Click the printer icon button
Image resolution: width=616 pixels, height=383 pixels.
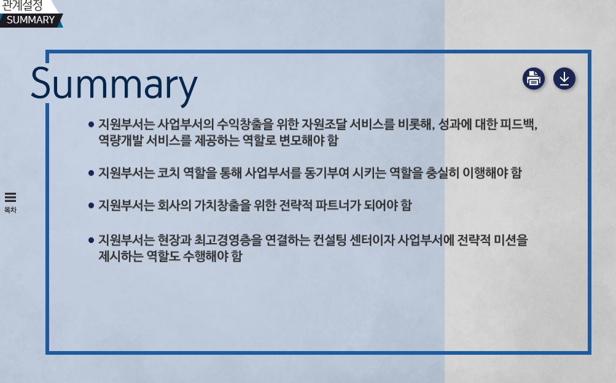[534, 79]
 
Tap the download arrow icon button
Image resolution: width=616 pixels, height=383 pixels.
[564, 79]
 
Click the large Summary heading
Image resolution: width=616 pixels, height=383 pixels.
[114, 85]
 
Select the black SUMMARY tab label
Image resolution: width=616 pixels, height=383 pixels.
[31, 20]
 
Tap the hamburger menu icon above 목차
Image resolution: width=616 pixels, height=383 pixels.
[10, 197]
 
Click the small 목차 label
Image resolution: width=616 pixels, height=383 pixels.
[10, 210]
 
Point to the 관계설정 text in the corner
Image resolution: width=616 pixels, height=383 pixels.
[21, 6]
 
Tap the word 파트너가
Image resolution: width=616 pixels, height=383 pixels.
[338, 205]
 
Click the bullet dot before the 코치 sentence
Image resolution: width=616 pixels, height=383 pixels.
[91, 172]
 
